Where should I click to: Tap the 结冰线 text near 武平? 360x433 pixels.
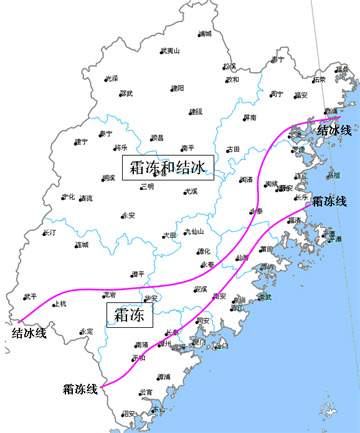pyautogui.click(x=29, y=333)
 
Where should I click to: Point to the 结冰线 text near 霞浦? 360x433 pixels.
pyautogui.click(x=333, y=130)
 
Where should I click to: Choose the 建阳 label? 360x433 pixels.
pyautogui.click(x=179, y=87)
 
